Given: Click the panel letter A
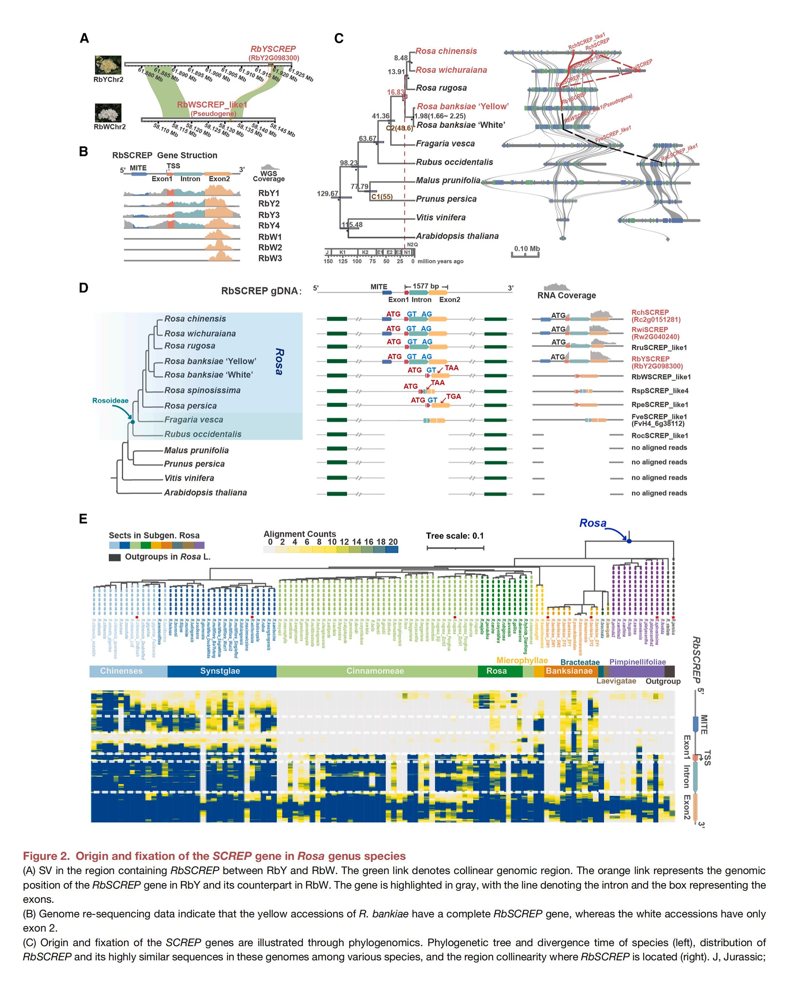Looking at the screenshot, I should tap(84, 38).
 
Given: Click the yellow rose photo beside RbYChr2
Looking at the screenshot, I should tap(108, 65).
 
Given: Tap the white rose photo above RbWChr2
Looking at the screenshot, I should tap(108, 113).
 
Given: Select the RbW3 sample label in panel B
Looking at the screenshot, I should tap(270, 258).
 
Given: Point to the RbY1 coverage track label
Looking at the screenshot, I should tap(268, 193).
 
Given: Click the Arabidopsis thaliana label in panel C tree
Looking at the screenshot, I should tap(457, 236).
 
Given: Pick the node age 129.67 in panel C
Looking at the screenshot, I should tap(327, 194).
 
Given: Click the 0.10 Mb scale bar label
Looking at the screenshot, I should tap(527, 249).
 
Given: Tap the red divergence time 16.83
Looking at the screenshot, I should tap(395, 92).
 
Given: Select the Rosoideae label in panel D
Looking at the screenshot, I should tap(110, 401).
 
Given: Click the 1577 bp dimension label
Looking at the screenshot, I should tap(425, 286).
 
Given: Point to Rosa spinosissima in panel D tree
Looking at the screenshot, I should tap(202, 390).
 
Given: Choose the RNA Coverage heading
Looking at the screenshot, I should tap(566, 295).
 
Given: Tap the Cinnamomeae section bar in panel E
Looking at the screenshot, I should tap(375, 671).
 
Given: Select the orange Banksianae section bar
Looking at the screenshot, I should tap(569, 671).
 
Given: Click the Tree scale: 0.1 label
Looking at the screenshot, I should tap(454, 536).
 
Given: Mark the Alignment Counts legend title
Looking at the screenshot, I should tap(299, 534).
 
